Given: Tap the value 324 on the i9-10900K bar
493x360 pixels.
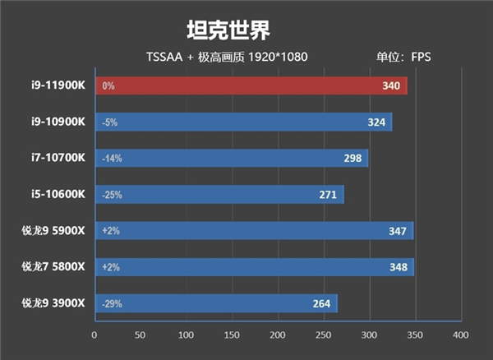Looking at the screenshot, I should point(379,122).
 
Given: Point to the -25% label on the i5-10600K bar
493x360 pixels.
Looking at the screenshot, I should point(111,195).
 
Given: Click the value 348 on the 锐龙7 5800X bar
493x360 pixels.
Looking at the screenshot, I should point(399,267).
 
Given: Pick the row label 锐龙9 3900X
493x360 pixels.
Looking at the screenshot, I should point(53,303).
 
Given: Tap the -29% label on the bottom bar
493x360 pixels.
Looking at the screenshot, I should point(111,304).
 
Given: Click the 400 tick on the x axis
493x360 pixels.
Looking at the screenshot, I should point(459,335).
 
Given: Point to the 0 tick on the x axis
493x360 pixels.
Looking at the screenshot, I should point(94,335).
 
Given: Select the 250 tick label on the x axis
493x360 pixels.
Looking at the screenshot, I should point(323,335).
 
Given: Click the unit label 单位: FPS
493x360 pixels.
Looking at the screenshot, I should point(403,58).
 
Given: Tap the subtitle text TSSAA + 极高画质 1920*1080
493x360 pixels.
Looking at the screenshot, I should point(227,58).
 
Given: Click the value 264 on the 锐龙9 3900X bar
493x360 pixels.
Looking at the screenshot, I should point(321,304).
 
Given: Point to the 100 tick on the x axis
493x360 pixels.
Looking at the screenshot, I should point(186,335).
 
